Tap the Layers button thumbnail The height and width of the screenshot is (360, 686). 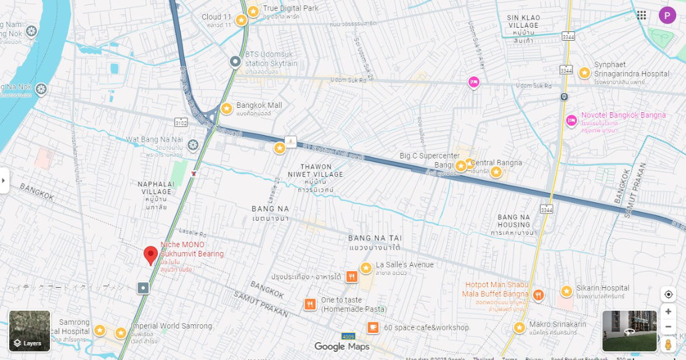(30, 331)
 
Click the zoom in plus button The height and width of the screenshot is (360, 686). (668, 312)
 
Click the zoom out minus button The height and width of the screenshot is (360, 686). (668, 327)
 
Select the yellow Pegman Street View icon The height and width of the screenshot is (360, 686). (668, 345)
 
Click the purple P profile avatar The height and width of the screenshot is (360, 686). (667, 15)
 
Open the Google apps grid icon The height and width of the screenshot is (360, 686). (642, 15)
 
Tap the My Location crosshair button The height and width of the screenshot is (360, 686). (668, 294)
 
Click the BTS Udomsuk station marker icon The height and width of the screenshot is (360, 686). (235, 62)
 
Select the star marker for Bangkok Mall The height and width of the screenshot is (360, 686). (226, 108)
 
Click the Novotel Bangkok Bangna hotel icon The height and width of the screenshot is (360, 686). (571, 120)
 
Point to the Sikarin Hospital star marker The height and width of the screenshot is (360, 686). (566, 291)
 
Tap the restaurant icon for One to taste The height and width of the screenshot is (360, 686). (310, 304)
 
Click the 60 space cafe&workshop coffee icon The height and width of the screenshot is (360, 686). (373, 327)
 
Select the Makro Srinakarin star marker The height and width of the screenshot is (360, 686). (520, 327)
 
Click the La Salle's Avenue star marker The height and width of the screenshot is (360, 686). (366, 268)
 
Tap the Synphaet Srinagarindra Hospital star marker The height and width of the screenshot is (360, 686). (584, 73)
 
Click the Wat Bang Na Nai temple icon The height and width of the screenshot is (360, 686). (193, 145)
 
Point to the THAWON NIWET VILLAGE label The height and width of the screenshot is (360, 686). (316, 171)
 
